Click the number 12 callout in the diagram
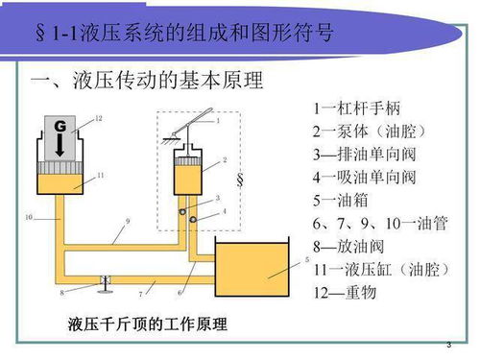98,119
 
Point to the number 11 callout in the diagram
100,176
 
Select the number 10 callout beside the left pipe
29,218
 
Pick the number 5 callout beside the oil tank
305,259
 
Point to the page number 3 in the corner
448,344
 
